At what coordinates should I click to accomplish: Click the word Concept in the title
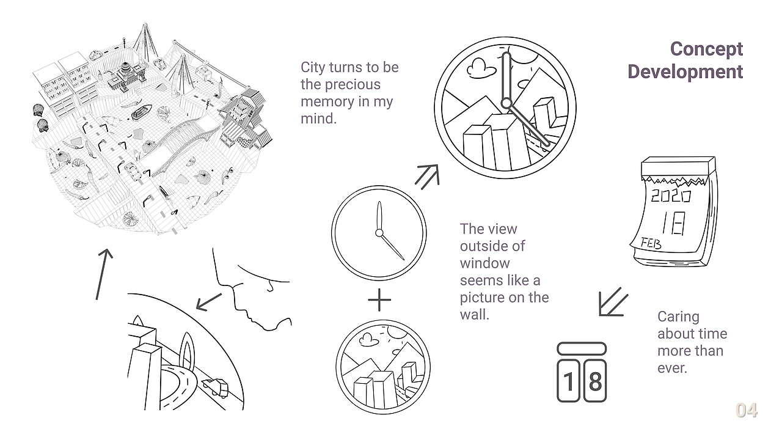(706, 50)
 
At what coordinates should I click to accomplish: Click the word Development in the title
(685, 71)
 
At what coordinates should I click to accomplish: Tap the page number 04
(747, 410)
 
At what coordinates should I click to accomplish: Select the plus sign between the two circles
(379, 299)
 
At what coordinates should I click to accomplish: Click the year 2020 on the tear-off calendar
(671, 196)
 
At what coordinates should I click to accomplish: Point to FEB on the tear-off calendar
(651, 243)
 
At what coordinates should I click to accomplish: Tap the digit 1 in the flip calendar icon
(568, 381)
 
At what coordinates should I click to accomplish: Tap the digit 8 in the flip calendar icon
(595, 381)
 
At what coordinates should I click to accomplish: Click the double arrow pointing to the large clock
(427, 177)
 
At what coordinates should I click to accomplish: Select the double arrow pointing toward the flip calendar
(613, 302)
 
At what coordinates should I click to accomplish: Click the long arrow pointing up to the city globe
(104, 274)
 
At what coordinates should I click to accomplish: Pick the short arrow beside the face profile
(209, 302)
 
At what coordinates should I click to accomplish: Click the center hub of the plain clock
(379, 233)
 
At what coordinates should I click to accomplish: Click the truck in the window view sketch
(215, 387)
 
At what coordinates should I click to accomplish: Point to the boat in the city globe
(141, 112)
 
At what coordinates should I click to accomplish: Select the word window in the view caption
(484, 263)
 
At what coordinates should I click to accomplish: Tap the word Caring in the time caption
(678, 317)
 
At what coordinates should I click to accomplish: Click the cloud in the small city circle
(367, 339)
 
